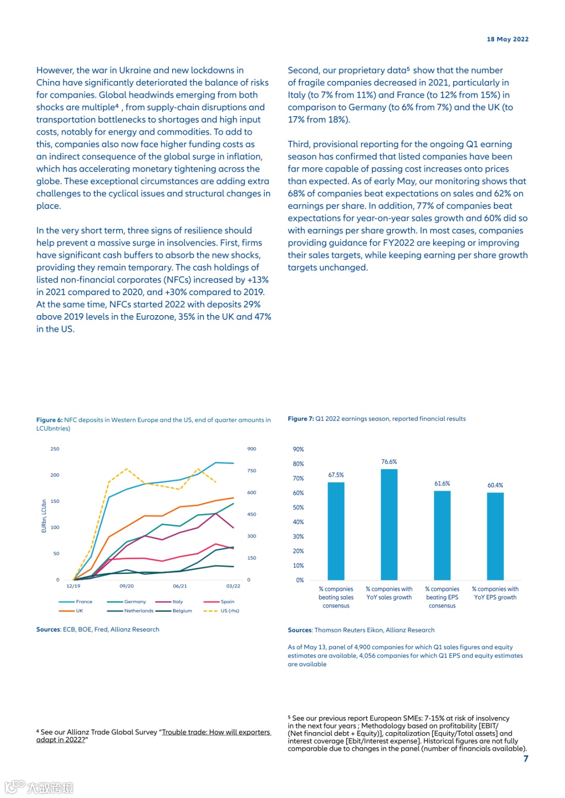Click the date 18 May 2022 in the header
pos(507,39)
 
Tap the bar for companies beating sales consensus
pos(336,530)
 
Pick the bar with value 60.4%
pos(495,536)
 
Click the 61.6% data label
pos(442,484)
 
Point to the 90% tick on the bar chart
pos(298,449)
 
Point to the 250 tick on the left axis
pos(55,449)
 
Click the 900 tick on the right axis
pos(252,449)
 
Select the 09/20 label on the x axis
pos(127,586)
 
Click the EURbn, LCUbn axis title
pos(44,516)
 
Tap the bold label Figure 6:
pos(49,420)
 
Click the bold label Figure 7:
pos(301,419)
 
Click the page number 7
pos(526,758)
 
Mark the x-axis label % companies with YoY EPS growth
pos(495,593)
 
